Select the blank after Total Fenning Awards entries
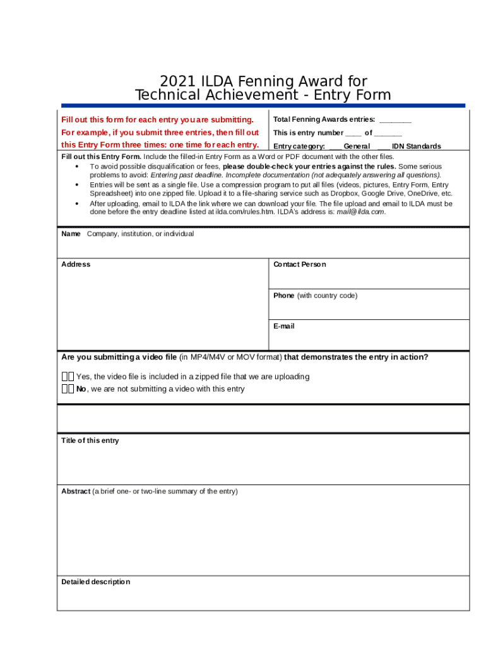pyautogui.click(x=395, y=120)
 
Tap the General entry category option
pyautogui.click(x=357, y=146)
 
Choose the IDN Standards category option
pyautogui.click(x=416, y=146)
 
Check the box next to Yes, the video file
pyautogui.click(x=68, y=377)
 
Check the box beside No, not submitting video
pyautogui.click(x=68, y=389)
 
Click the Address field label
pyautogui.click(x=76, y=264)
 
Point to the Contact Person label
pyautogui.click(x=299, y=264)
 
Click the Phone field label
pyautogui.click(x=283, y=295)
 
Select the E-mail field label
pyautogui.click(x=283, y=326)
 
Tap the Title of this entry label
pyautogui.click(x=90, y=440)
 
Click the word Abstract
pyautogui.click(x=76, y=491)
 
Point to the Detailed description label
pyautogui.click(x=95, y=582)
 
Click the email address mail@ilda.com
pyautogui.click(x=360, y=212)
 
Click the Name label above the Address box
pyautogui.click(x=71, y=234)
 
